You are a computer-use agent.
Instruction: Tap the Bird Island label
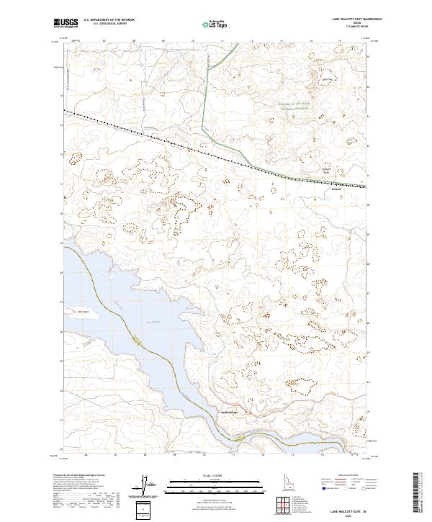72,311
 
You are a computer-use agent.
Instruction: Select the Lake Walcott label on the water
149,322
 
